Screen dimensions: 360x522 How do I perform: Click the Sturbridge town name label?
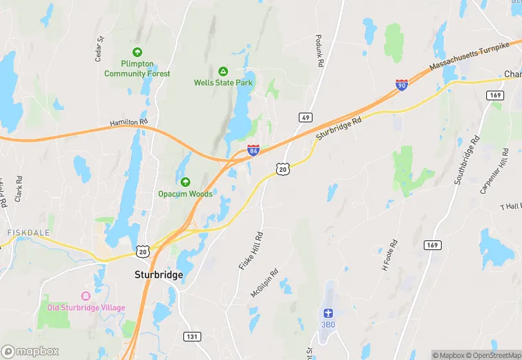click(x=158, y=275)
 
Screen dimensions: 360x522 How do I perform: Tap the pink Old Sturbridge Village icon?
click(x=86, y=296)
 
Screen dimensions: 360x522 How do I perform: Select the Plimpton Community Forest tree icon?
click(x=137, y=52)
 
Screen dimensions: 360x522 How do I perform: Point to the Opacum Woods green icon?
click(x=185, y=182)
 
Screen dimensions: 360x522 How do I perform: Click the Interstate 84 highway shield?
click(x=253, y=150)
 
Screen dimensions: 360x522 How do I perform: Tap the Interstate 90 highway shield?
click(x=401, y=85)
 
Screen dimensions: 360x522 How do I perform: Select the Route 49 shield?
click(x=306, y=117)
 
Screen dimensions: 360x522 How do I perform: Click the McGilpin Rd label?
click(x=264, y=282)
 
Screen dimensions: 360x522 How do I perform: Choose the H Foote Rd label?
click(x=389, y=254)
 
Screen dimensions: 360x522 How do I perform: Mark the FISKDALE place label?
click(x=29, y=233)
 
